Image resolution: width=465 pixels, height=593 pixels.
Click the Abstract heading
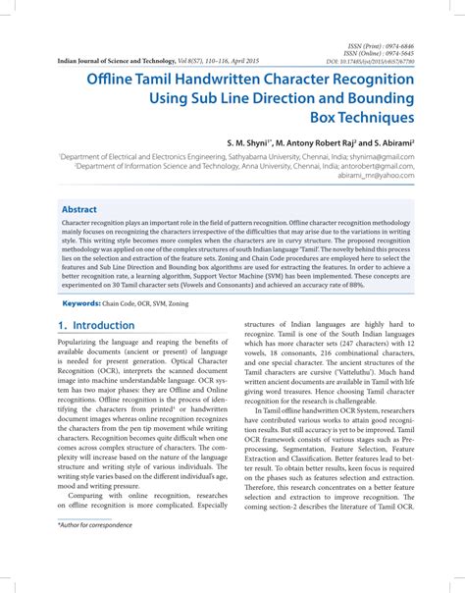tap(79, 210)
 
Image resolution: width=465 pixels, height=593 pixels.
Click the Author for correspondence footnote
tap(95, 554)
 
